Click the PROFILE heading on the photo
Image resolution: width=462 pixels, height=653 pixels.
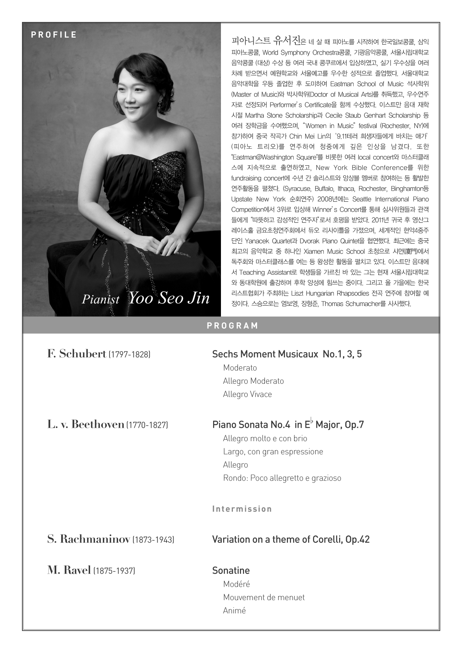tap(54, 35)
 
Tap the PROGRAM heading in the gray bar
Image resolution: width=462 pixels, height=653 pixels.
tap(232, 326)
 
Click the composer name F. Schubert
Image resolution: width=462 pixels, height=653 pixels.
tap(77, 354)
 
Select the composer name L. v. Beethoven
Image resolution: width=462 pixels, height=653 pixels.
tap(86, 424)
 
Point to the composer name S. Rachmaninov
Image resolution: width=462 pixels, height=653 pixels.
tap(89, 539)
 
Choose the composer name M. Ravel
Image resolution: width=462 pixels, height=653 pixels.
tap(69, 570)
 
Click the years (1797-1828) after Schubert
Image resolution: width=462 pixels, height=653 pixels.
tap(129, 354)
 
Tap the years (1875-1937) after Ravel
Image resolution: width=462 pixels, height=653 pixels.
tap(114, 571)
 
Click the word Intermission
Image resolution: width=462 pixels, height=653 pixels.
tap(242, 509)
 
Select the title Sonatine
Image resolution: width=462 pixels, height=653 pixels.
tap(231, 570)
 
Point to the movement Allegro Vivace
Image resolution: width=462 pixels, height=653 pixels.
tap(247, 394)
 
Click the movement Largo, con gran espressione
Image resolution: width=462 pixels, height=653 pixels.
tap(273, 452)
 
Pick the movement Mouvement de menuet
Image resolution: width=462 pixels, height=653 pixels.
tap(264, 597)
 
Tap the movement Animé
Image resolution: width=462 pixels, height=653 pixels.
tap(234, 611)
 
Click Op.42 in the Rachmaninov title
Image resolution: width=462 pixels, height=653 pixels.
tap(357, 539)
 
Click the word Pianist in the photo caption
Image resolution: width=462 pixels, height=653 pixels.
tap(101, 299)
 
